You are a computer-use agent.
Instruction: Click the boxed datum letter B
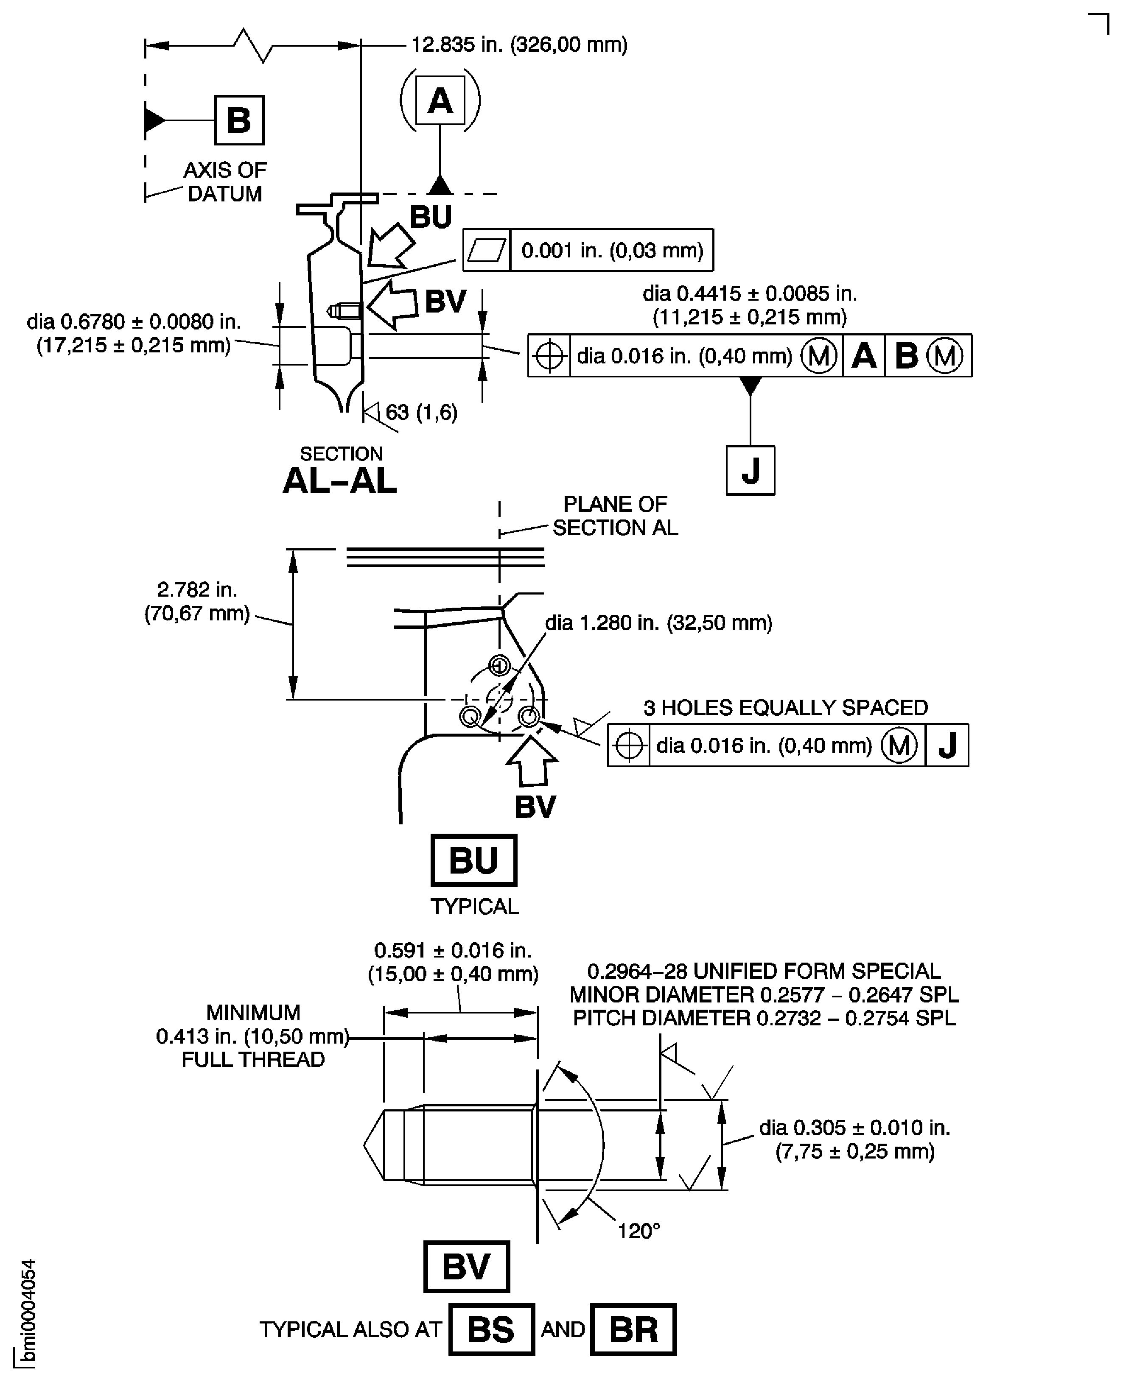click(x=239, y=120)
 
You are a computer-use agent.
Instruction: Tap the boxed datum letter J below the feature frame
click(x=750, y=470)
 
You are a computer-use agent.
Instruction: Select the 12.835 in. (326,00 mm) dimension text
click(x=519, y=45)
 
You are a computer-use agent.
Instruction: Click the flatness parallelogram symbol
click(x=487, y=250)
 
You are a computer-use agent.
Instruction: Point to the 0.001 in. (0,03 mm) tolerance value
click(x=612, y=250)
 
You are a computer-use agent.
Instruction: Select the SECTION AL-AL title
click(x=340, y=471)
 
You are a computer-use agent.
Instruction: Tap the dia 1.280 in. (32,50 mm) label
click(x=658, y=623)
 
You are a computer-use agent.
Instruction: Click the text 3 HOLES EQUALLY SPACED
click(x=785, y=707)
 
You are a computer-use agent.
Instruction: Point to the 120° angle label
click(x=639, y=1231)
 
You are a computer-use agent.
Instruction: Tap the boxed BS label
click(x=491, y=1329)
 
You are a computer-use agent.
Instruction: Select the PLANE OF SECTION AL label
click(x=615, y=515)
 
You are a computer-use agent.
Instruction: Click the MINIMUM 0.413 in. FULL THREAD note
click(x=252, y=1036)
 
